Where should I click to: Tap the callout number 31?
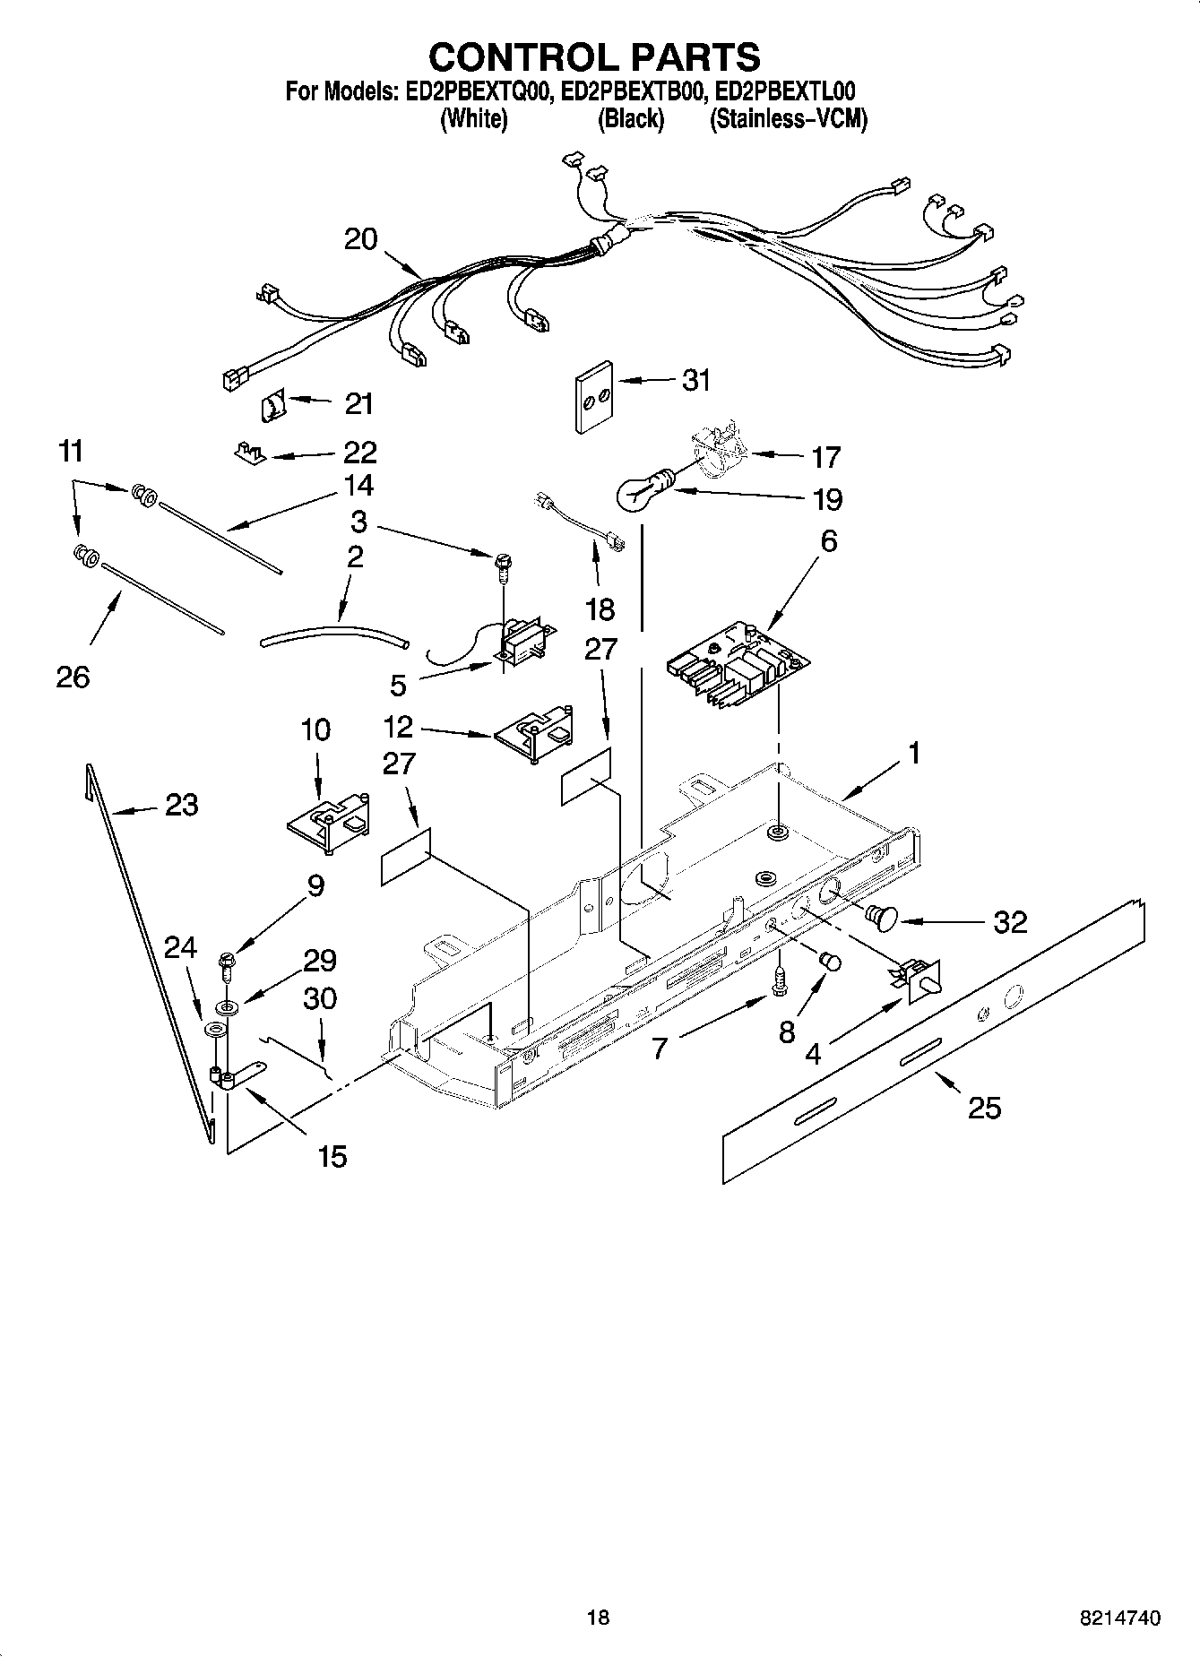tap(696, 380)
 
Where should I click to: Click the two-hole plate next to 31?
tap(592, 397)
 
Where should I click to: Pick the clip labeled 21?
tap(272, 409)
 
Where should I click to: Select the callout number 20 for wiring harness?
tap(361, 239)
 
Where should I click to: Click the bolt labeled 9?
tap(226, 969)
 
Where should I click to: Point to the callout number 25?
tap(985, 1109)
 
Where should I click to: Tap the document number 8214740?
tap(1121, 1618)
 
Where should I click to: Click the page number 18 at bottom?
tap(598, 1618)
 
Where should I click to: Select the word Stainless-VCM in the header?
tap(788, 119)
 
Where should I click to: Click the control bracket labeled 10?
tap(328, 821)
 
